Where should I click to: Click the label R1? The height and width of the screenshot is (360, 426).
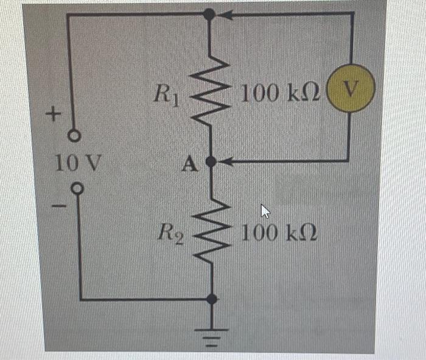[x=166, y=95]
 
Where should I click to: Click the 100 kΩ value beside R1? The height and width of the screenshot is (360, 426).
[x=280, y=94]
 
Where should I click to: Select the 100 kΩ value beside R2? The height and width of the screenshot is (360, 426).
[x=280, y=233]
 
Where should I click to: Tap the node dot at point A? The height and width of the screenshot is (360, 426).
[x=211, y=162]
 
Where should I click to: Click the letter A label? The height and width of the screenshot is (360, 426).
[x=189, y=164]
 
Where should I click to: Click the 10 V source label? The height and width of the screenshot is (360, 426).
[x=72, y=163]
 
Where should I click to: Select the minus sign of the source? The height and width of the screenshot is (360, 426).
[x=56, y=208]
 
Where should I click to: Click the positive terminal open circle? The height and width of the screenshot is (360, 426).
[x=74, y=137]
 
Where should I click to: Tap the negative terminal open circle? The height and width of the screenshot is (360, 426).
[x=77, y=189]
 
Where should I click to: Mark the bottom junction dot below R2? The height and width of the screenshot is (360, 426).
[x=212, y=299]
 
